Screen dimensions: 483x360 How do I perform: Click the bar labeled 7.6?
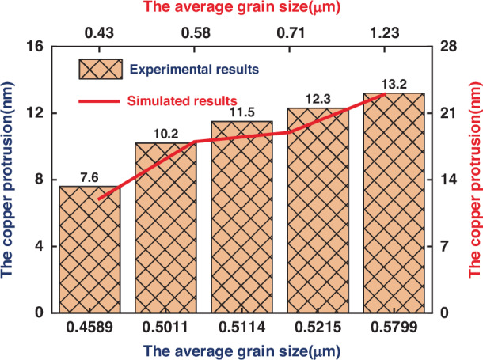coord(89,249)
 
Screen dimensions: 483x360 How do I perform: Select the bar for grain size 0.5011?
coord(165,228)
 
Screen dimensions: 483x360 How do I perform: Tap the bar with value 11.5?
coord(241,217)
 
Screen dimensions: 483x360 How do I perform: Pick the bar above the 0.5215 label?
coord(318,210)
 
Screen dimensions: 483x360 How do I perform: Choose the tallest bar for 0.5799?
coord(394,203)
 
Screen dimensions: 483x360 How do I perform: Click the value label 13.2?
coord(394,84)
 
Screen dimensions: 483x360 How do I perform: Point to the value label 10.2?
coord(165,134)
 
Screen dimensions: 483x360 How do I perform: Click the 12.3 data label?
coord(318,99)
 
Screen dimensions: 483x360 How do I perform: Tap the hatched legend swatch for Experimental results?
coord(101,70)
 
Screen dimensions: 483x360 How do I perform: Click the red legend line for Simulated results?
coord(99,101)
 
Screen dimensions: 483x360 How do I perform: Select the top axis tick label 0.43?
coord(99,33)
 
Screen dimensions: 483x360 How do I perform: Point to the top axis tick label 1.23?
coord(385,33)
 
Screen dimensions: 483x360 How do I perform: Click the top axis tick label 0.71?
coord(291,33)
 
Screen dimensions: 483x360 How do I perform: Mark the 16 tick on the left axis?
coord(34,47)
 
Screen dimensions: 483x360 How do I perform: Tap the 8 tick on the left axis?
coord(39,180)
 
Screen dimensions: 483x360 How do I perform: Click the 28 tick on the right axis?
coord(448,47)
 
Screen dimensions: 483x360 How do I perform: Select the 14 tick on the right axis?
coord(448,180)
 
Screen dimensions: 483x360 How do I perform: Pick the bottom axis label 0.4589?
coord(89,327)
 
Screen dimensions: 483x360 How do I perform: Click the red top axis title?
coord(241,7)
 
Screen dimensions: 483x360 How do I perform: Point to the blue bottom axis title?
coord(241,351)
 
